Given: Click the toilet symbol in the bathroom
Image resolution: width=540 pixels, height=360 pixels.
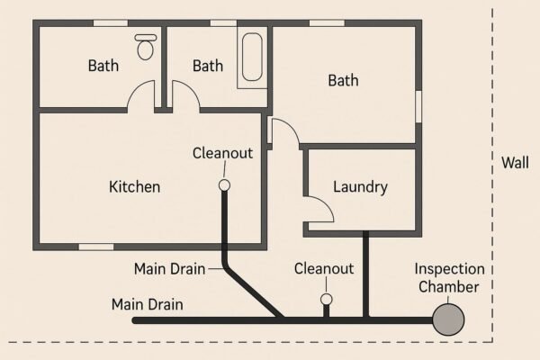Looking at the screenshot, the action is (145, 47).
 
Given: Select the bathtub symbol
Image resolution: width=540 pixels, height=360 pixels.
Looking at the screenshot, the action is (252, 58).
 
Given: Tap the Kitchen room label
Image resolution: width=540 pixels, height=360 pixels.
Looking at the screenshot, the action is (135, 186).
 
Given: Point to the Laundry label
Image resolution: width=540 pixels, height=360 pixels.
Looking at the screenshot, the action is (360, 187).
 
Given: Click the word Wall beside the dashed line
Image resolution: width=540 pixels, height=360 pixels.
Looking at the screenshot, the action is (515, 163).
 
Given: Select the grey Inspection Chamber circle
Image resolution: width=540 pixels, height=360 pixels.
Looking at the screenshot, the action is (448, 319).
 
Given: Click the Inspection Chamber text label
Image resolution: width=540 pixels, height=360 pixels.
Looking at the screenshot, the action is (449, 278).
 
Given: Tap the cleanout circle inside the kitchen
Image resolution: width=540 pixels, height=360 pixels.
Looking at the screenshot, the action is (224, 185).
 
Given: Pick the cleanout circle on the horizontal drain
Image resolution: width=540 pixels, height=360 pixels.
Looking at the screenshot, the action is (327, 300).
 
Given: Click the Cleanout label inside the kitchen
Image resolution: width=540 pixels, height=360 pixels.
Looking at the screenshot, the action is (222, 153).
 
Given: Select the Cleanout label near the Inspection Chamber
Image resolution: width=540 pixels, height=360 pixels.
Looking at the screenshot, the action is (324, 269).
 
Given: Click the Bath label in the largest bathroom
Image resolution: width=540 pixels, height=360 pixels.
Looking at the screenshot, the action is (344, 80).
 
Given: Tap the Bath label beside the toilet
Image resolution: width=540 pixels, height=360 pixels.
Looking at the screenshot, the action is (103, 66).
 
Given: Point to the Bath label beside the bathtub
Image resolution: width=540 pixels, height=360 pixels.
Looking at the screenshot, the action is (208, 66).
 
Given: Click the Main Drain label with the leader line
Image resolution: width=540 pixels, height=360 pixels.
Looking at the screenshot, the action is (169, 269).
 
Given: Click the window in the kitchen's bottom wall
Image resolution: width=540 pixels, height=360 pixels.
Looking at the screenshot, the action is (96, 247).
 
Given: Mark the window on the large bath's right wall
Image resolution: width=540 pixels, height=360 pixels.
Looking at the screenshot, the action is (418, 106).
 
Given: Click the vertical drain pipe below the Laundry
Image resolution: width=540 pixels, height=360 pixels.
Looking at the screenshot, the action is (365, 274).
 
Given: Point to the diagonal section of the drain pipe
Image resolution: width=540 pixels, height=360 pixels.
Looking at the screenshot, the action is (253, 292).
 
